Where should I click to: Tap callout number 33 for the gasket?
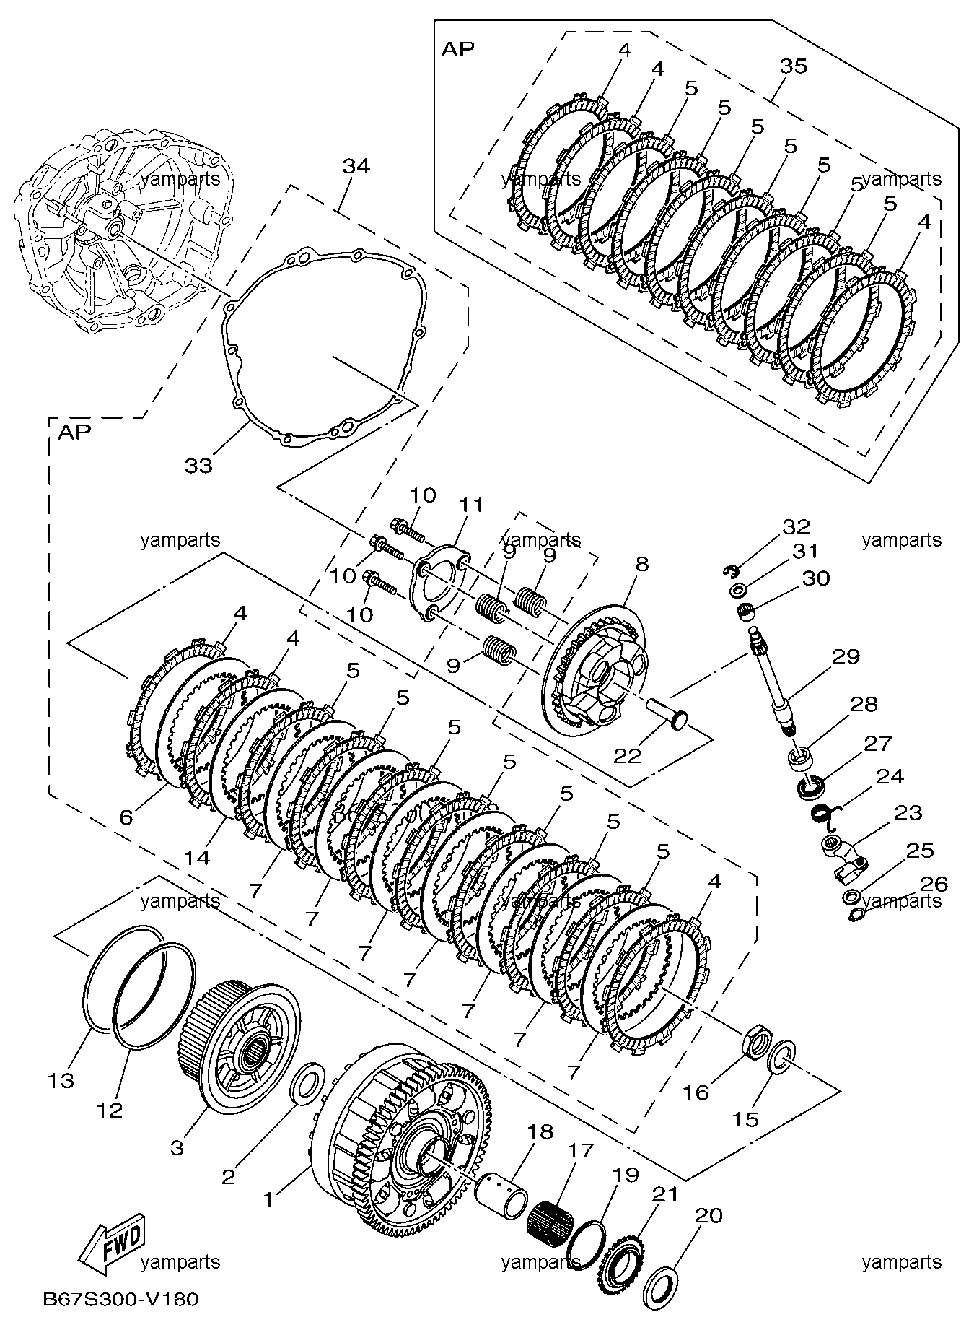pyautogui.click(x=198, y=466)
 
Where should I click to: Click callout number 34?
pyautogui.click(x=356, y=166)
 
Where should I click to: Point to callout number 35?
pyautogui.click(x=793, y=66)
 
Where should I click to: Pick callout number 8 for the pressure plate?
pyautogui.click(x=642, y=564)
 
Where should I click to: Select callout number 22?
pyautogui.click(x=627, y=755)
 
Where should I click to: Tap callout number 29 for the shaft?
pyautogui.click(x=846, y=656)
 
